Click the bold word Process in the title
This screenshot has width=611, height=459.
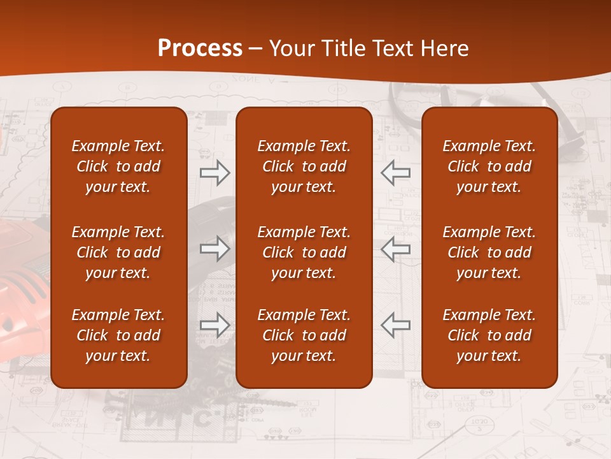pos(200,48)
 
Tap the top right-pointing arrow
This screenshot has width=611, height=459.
pos(214,171)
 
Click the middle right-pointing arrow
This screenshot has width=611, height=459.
pos(214,249)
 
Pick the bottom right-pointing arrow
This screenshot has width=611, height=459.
pos(214,325)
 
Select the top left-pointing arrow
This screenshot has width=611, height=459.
pos(395,171)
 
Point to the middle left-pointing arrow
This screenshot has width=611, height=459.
pos(395,249)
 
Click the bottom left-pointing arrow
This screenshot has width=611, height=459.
pos(395,325)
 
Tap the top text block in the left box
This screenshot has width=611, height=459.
pos(118,166)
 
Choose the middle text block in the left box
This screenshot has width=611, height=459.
pos(118,252)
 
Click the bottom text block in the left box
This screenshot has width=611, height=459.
pos(118,335)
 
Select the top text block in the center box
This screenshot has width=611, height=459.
pos(304,166)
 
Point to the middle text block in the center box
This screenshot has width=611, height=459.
pos(304,252)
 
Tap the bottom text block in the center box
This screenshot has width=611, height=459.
pos(304,335)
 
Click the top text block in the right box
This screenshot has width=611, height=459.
pos(489,166)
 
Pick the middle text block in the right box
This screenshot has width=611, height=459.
pos(489,252)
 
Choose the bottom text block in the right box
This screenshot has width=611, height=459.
pos(489,335)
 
